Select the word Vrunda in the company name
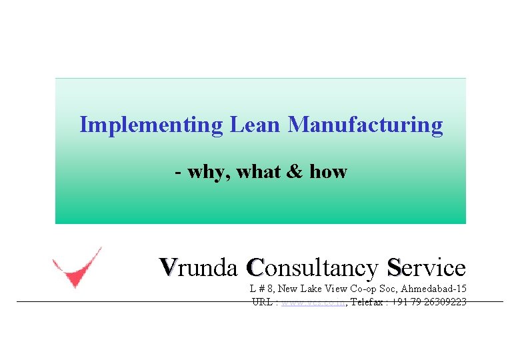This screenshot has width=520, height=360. tap(199, 267)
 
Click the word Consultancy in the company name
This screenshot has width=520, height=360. tap(311, 268)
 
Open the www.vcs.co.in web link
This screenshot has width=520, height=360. tap(312, 302)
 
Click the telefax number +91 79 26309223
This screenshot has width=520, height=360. tap(430, 302)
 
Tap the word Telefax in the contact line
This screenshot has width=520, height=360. tap(367, 302)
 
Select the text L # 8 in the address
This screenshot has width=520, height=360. tap(261, 289)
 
